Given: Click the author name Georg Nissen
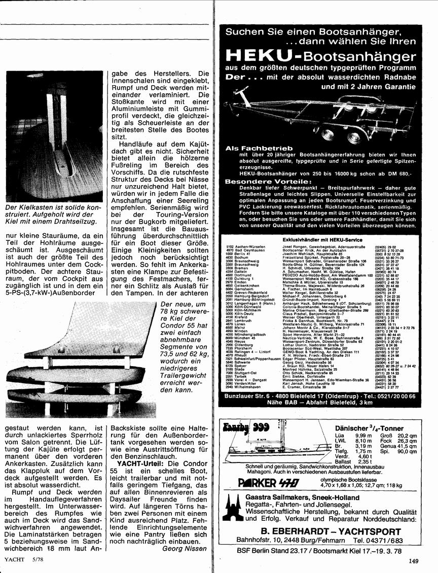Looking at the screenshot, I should (185, 548).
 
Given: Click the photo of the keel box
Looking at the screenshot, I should (54, 137).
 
